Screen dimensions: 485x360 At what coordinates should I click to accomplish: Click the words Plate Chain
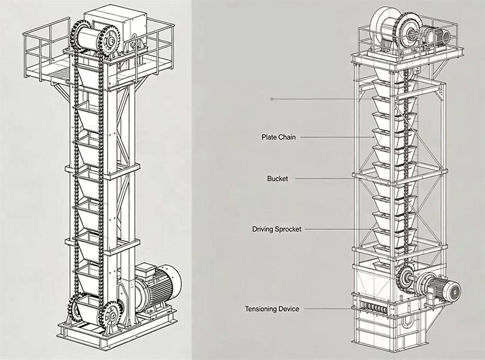(x=278, y=137)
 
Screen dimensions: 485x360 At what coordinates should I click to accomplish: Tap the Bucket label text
(x=278, y=179)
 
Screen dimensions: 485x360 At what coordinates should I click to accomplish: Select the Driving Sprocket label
(x=276, y=229)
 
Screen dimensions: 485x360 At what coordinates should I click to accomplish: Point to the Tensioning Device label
(x=272, y=308)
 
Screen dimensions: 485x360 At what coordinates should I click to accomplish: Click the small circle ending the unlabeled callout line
(x=272, y=99)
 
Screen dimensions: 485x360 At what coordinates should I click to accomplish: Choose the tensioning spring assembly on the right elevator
(x=373, y=308)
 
